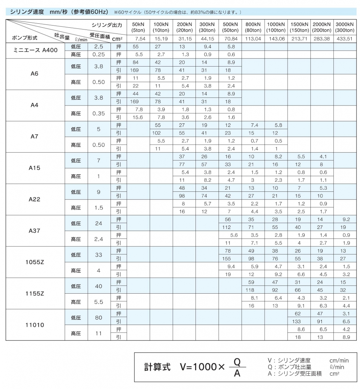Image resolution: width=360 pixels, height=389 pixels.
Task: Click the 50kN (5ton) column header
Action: (138, 27)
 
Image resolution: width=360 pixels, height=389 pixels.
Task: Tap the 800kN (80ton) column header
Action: (253, 27)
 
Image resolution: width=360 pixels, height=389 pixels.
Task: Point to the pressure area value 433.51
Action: (345, 39)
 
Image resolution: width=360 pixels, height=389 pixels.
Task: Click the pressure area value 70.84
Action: (230, 39)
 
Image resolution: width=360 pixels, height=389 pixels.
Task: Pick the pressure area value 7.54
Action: (138, 39)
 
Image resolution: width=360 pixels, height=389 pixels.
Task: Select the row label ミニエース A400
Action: (35, 50)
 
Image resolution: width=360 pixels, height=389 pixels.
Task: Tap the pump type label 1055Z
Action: (35, 262)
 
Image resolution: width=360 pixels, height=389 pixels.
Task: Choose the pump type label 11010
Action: (35, 325)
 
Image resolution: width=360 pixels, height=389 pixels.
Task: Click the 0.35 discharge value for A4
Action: (99, 113)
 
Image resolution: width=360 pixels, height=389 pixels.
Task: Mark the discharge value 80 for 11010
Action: (99, 317)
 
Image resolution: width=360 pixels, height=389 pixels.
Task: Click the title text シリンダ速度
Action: (27, 12)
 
